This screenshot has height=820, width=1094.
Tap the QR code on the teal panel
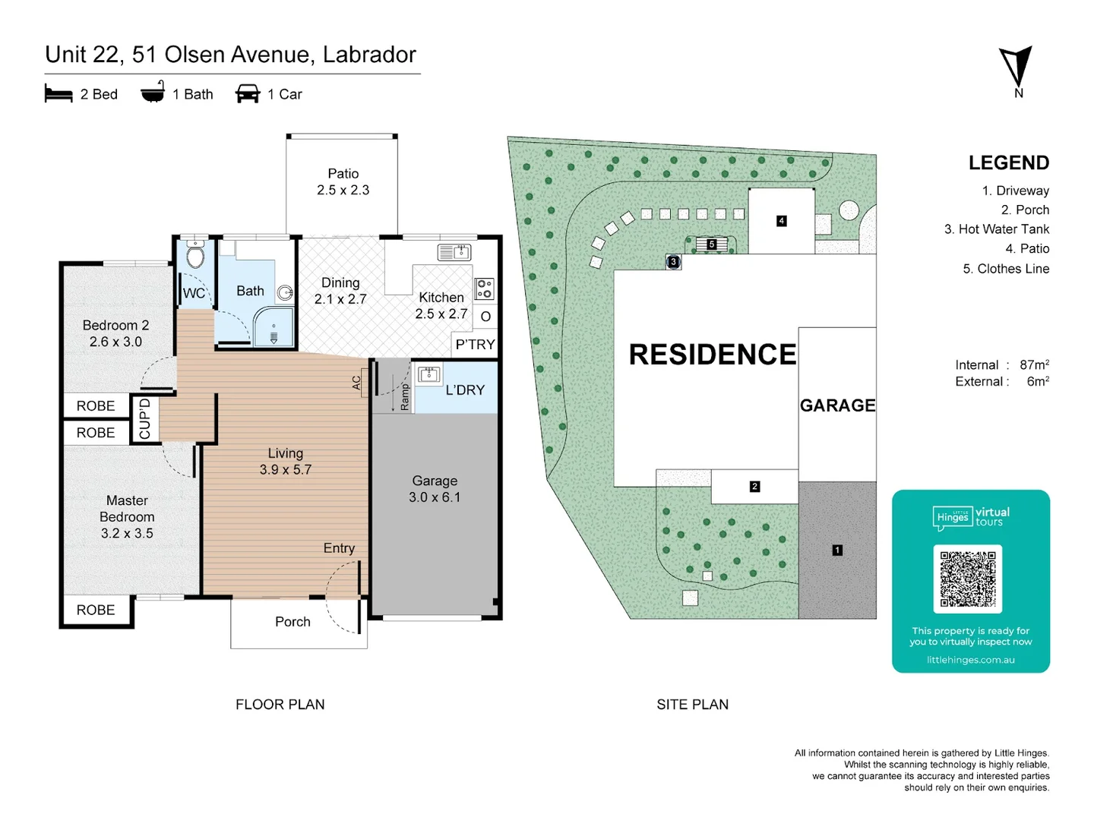(x=967, y=579)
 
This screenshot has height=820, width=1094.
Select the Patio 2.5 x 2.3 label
(x=343, y=182)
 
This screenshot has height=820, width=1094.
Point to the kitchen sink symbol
(x=454, y=252)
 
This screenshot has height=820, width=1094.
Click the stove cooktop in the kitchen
(x=484, y=289)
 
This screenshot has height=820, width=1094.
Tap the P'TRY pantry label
(x=475, y=345)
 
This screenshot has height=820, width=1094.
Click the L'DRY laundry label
(x=464, y=390)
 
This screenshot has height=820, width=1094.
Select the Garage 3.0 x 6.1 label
(x=435, y=489)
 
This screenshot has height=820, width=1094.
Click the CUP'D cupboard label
(x=144, y=418)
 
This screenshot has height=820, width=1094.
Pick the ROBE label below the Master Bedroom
(x=96, y=610)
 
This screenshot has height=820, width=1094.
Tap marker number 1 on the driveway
(x=837, y=550)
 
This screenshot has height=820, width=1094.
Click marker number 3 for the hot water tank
(x=673, y=262)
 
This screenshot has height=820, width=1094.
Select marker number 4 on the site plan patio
(x=781, y=221)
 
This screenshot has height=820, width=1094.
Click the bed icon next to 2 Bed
(x=58, y=94)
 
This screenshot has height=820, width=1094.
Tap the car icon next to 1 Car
(x=248, y=94)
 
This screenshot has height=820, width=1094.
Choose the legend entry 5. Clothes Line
(x=1006, y=269)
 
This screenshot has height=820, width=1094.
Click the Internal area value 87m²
(x=1034, y=365)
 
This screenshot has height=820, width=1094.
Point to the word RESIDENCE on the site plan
(x=712, y=355)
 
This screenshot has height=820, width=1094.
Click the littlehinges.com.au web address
(x=970, y=660)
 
